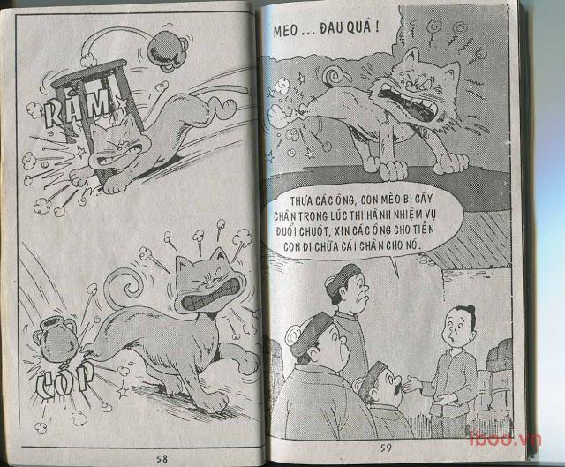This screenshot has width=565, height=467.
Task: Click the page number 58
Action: pyautogui.click(x=162, y=459)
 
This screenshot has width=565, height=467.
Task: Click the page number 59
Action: pyautogui.click(x=386, y=448)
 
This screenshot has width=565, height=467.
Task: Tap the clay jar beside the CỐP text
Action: pyautogui.click(x=55, y=340)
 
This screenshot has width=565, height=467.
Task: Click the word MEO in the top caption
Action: pyautogui.click(x=285, y=31)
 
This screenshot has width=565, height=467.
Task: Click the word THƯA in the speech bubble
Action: pyautogui.click(x=302, y=201)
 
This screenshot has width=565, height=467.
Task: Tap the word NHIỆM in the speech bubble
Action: pyautogui.click(x=406, y=215)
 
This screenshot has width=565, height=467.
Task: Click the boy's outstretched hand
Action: pyautogui.click(x=414, y=383)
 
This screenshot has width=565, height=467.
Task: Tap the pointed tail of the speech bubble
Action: pyautogui.click(x=395, y=266)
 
